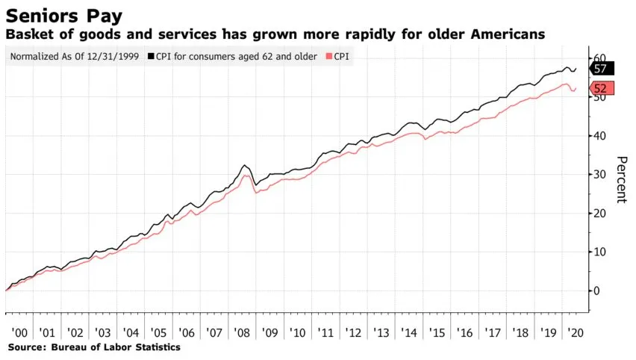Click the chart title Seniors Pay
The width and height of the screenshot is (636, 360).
point(65,15)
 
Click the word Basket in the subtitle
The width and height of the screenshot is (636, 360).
point(28,34)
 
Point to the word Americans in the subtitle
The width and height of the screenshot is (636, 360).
point(504,34)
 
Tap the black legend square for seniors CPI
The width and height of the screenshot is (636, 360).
point(152,57)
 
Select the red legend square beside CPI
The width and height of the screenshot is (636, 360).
point(330,57)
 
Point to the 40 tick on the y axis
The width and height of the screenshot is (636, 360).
point(597,136)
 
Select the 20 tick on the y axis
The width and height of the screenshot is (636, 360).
point(597,213)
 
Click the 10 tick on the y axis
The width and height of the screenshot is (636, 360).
point(597,252)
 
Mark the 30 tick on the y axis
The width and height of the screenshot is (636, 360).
point(597,175)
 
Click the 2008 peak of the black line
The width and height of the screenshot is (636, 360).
point(244,165)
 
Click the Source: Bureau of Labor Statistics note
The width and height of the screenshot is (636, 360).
point(94,347)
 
